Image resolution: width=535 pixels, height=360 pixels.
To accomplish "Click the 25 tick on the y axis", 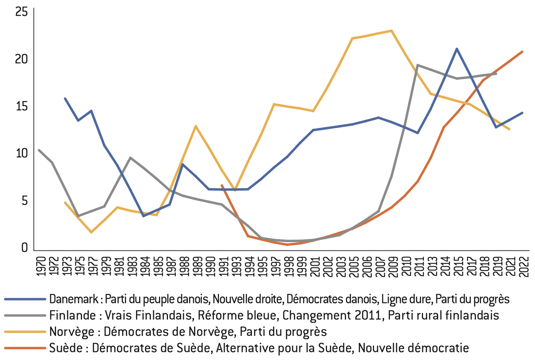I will tap(22, 12).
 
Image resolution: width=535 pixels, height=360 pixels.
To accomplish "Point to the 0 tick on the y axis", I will tap(24, 248).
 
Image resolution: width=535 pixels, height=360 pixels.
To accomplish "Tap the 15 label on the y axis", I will tap(22, 106).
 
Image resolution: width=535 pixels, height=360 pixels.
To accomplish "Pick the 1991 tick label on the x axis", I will tap(222, 266).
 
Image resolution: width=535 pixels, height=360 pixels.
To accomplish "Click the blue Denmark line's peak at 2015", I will tap(457, 49).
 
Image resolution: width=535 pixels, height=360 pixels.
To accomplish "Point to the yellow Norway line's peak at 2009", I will tap(392, 30).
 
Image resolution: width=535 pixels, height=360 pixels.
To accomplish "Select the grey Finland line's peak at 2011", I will tap(417, 65).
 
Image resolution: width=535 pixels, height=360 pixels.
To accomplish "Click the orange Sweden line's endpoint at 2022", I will tap(522, 51).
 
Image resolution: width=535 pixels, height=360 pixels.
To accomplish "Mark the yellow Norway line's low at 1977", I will tap(91, 232).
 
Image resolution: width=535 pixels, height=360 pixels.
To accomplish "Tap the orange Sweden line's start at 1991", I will tap(222, 185).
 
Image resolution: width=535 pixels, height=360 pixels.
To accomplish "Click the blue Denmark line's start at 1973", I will tap(65, 98).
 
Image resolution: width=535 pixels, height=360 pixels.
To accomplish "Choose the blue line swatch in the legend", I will tap(25, 299).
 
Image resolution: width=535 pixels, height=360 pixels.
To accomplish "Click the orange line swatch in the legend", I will tap(25, 348).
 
